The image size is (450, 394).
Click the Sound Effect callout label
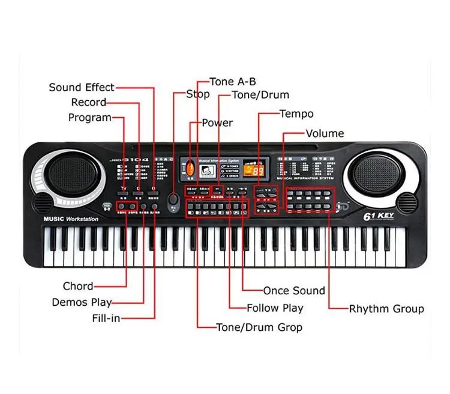point(81,88)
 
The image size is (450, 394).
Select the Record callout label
point(88,103)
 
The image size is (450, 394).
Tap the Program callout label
point(89,118)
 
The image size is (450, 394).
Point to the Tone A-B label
point(233,82)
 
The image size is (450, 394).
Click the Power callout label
point(217,123)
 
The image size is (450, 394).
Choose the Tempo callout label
point(296,114)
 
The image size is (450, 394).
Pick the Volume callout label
point(325,133)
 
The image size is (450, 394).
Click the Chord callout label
point(78,286)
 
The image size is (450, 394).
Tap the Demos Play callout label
point(82,302)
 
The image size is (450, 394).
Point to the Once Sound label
point(294,291)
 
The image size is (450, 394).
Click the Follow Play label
point(275,308)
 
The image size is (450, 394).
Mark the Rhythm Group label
point(386,309)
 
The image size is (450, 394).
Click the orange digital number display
point(258,172)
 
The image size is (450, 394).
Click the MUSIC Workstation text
point(71,219)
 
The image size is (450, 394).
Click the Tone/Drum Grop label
point(259,327)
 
